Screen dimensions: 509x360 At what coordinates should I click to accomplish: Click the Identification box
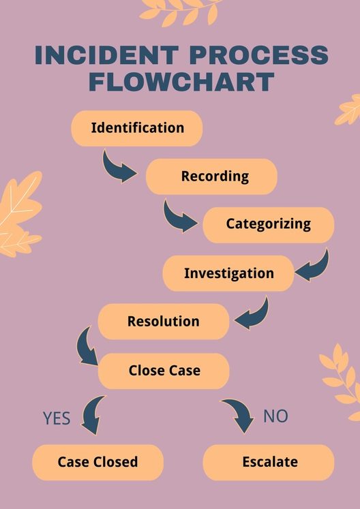point(137,128)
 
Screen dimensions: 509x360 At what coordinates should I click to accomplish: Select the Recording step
point(211,176)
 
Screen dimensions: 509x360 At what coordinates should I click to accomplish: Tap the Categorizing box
point(268,224)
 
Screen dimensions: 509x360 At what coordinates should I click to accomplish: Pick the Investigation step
point(228,273)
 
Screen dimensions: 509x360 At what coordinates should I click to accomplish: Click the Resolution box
point(164,322)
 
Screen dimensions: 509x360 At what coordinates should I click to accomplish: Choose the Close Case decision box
point(164,371)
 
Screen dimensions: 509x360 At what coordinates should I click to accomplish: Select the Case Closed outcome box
point(97,462)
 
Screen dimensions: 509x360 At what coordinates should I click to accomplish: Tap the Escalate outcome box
point(269,462)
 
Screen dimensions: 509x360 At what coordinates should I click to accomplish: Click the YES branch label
point(57,418)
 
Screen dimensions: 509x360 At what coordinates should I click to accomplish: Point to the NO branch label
point(275,416)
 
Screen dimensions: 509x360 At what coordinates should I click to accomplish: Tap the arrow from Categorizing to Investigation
point(312,266)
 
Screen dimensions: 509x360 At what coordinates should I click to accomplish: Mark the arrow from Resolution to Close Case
point(87,346)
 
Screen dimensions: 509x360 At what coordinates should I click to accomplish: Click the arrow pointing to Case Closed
point(93,415)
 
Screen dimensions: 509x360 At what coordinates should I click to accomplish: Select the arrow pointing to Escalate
point(238,415)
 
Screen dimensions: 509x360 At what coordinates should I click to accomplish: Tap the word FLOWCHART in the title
point(181,82)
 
